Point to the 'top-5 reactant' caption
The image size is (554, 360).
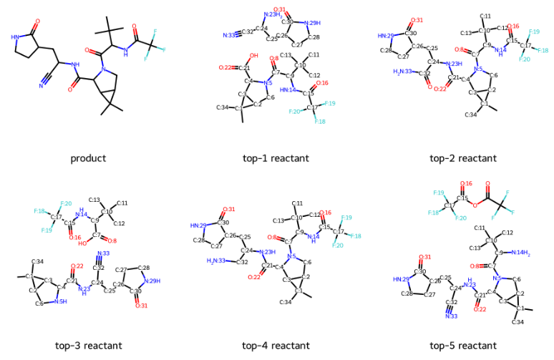(463, 346)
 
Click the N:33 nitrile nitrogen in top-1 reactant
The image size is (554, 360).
(228, 35)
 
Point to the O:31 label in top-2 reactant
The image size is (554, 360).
(417, 20)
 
